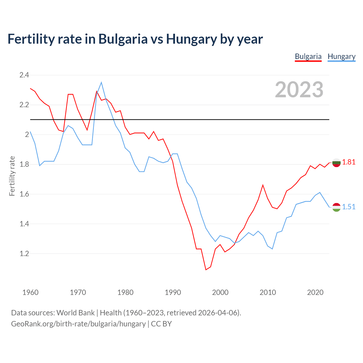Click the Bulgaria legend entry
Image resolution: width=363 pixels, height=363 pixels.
308,56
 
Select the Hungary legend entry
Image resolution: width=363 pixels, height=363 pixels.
341,56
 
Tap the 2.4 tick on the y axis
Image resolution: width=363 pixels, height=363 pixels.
24,75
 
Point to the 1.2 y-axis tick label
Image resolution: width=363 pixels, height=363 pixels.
24,254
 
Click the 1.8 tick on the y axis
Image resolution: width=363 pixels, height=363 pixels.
24,164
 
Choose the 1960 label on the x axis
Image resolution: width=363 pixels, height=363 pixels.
30,292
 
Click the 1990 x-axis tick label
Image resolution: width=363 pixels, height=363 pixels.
173,292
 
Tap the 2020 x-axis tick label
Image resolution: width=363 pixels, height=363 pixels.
315,292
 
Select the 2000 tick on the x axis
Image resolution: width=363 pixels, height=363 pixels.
220,292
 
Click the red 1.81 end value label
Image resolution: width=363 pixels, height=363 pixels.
349,162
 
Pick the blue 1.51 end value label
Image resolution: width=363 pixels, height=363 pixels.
349,207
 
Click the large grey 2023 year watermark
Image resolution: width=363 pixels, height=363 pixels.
299,90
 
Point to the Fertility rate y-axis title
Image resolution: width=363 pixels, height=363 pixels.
12,176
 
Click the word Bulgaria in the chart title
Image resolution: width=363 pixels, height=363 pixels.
123,39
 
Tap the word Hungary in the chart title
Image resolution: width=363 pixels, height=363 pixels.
191,39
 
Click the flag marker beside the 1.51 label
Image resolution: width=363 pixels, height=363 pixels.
336,207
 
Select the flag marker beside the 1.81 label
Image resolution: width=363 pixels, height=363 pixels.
336,163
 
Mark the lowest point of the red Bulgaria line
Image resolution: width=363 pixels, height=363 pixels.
206,270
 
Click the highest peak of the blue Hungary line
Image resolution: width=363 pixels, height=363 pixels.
101,83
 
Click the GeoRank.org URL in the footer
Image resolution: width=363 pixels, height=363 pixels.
78,324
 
